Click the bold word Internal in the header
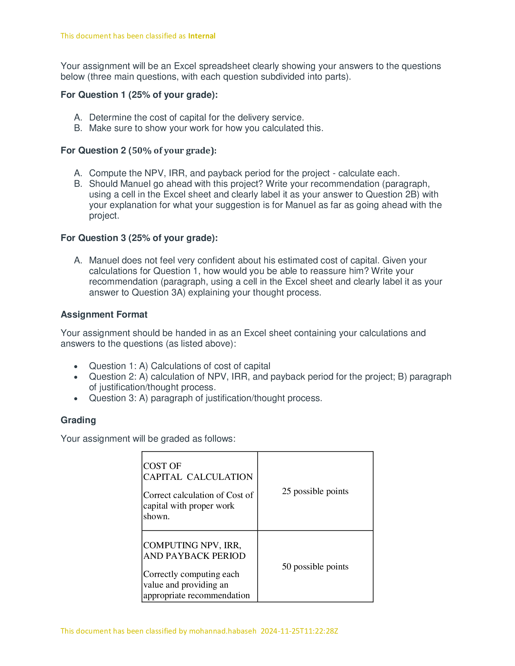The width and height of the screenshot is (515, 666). (x=202, y=36)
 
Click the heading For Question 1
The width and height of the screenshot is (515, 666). (x=139, y=95)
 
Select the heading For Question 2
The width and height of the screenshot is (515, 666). (x=138, y=151)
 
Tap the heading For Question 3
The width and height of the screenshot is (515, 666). (x=139, y=238)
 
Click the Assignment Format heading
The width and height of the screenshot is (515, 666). (x=104, y=315)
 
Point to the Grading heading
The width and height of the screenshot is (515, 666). (x=78, y=420)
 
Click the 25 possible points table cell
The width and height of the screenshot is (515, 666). (x=315, y=491)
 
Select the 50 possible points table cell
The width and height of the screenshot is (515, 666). (x=315, y=566)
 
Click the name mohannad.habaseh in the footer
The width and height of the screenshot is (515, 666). (x=222, y=631)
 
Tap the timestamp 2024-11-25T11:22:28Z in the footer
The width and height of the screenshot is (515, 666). (x=299, y=631)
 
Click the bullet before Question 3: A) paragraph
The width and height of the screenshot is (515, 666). (x=76, y=399)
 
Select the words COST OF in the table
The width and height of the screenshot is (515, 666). (x=162, y=466)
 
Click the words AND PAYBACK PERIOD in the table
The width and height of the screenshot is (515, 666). (x=194, y=556)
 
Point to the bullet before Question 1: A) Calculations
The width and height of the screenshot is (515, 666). (x=76, y=367)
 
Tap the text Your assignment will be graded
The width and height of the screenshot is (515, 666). (x=148, y=439)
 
